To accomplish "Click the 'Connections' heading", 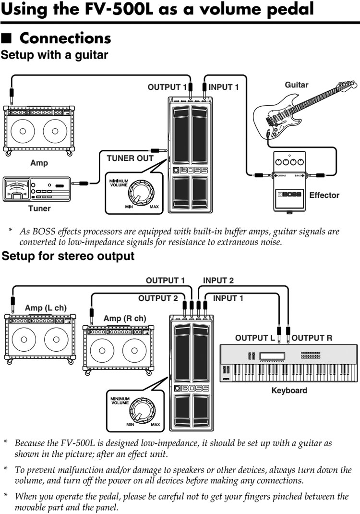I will click(x=65, y=38).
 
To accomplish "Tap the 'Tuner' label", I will click(x=39, y=208).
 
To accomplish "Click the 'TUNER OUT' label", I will click(x=130, y=158).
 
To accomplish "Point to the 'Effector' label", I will click(x=324, y=195).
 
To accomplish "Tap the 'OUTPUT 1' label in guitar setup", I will click(x=167, y=87).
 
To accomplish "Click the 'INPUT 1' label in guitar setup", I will click(x=224, y=87).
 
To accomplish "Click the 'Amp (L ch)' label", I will click(x=46, y=308).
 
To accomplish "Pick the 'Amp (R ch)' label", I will click(x=125, y=318).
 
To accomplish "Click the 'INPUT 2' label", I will click(x=218, y=281).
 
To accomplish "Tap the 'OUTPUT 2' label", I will click(x=158, y=298).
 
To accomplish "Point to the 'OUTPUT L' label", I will click(x=255, y=338).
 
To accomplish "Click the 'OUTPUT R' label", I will click(x=312, y=338).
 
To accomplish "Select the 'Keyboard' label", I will click(x=289, y=390).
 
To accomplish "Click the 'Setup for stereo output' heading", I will click(x=68, y=256).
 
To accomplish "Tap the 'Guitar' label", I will click(x=297, y=85).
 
